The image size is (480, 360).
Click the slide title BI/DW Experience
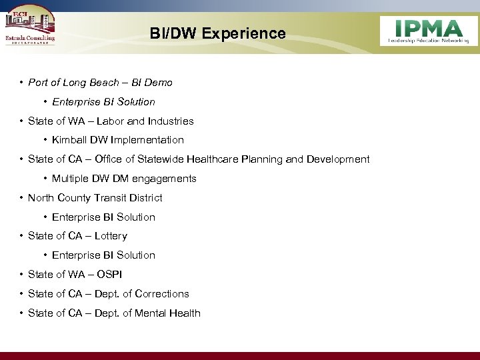(217, 33)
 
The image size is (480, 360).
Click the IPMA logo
(428, 31)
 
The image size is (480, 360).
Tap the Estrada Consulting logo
(30, 28)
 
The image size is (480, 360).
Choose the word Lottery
(111, 236)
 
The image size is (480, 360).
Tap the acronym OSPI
(109, 275)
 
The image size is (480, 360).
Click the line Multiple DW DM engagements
(124, 179)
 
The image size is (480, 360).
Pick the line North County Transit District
(95, 198)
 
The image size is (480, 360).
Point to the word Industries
(171, 121)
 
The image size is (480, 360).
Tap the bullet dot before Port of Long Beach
(22, 83)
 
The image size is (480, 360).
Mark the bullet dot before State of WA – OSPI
(22, 275)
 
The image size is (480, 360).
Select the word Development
(339, 159)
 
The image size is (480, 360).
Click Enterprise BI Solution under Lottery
(103, 255)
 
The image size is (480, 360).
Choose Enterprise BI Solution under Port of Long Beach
(103, 102)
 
